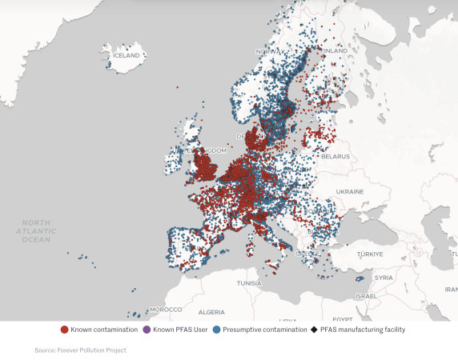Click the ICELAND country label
point(127,55)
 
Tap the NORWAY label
point(270,51)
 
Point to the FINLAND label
point(334,50)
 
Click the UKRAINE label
point(350,192)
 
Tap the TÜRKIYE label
point(371,254)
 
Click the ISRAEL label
point(366,296)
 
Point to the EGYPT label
point(343,318)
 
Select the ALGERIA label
point(211,311)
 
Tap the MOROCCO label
point(167,309)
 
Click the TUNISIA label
point(249,283)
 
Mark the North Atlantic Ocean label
point(36,230)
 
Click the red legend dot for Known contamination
point(64,330)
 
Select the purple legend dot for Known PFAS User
point(147,330)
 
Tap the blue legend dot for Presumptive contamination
point(216,330)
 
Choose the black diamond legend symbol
point(315,330)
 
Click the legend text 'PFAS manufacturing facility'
point(363,330)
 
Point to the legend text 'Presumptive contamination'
point(264,330)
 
